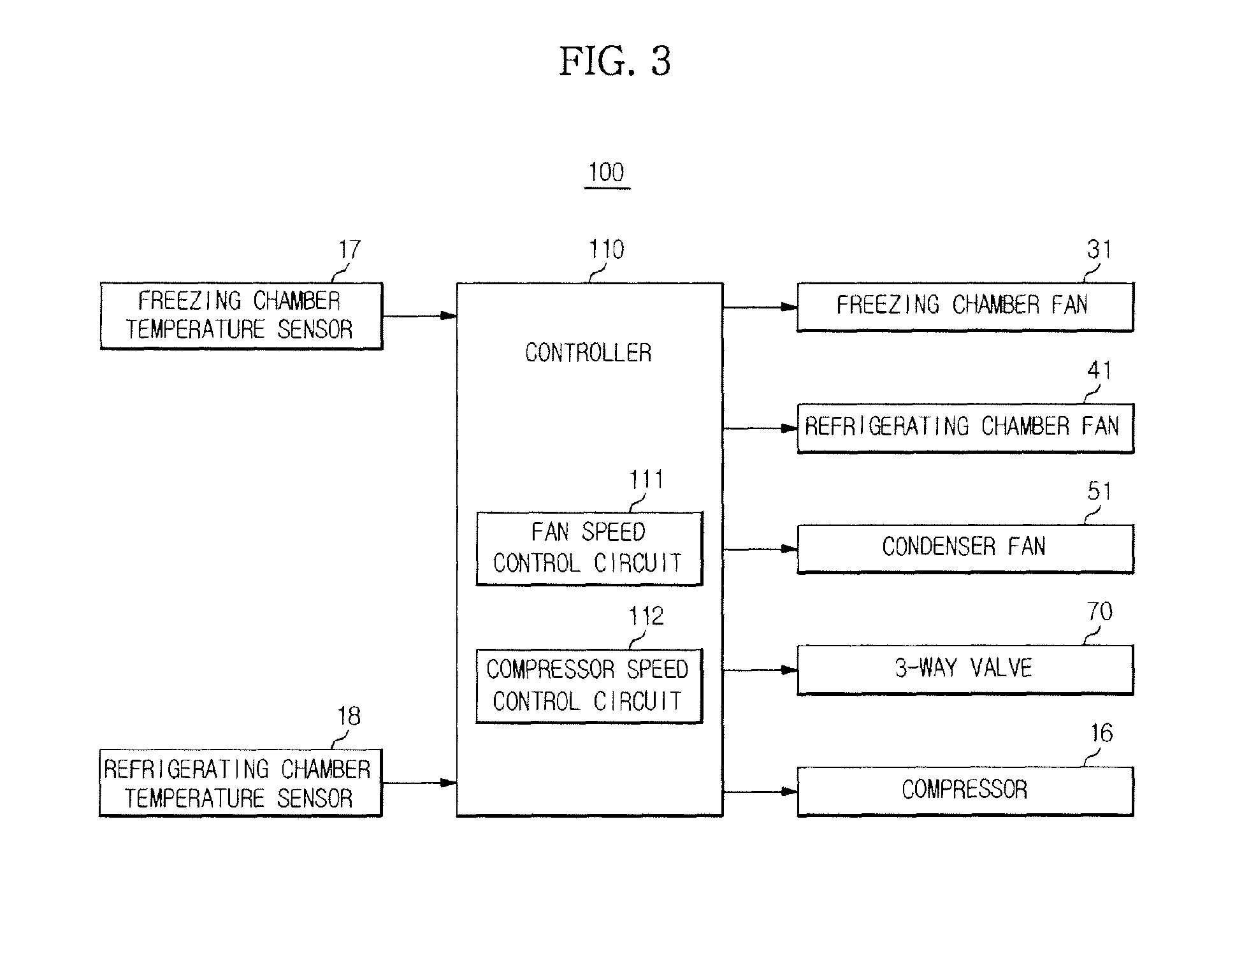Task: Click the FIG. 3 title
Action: pyautogui.click(x=615, y=62)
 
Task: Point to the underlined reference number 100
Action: pyautogui.click(x=607, y=173)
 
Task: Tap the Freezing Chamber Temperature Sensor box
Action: pyautogui.click(x=241, y=315)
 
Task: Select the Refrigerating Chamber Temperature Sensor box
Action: pyautogui.click(x=240, y=783)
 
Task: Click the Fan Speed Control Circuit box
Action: pyautogui.click(x=589, y=548)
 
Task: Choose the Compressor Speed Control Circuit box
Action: pyautogui.click(x=589, y=686)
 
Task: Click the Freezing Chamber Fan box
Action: pyautogui.click(x=965, y=307)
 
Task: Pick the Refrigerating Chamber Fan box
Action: pyautogui.click(x=965, y=428)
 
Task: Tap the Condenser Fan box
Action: pyautogui.click(x=965, y=549)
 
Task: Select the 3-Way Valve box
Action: pyautogui.click(x=965, y=670)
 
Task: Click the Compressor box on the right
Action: pyautogui.click(x=965, y=792)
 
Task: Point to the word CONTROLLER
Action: pyautogui.click(x=588, y=352)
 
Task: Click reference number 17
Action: pyautogui.click(x=349, y=249)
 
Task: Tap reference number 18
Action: pyautogui.click(x=349, y=716)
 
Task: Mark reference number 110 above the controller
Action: pyautogui.click(x=606, y=249)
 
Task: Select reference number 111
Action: pyautogui.click(x=646, y=479)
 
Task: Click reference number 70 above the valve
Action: pyautogui.click(x=1100, y=612)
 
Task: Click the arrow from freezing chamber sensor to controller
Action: pyautogui.click(x=420, y=315)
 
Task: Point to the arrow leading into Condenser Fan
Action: pyautogui.click(x=760, y=549)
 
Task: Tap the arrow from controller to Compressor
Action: pyautogui.click(x=760, y=792)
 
